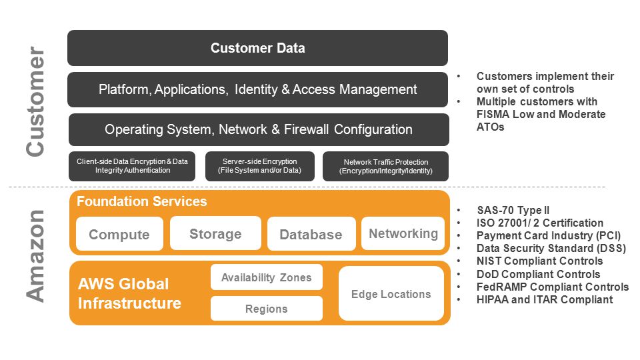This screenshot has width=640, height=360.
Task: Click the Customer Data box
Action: [257, 48]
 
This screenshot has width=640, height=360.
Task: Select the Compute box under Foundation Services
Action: [119, 233]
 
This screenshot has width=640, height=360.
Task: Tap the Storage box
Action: [215, 233]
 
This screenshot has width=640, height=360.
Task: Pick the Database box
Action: [311, 233]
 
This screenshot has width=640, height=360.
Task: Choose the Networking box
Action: [403, 233]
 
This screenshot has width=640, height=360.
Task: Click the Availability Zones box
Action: [267, 277]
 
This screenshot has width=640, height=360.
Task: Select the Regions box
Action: [267, 308]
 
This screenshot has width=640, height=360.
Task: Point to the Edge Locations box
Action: [391, 293]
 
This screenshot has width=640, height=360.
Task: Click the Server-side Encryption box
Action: [260, 166]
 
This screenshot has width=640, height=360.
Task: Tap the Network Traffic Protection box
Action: [386, 166]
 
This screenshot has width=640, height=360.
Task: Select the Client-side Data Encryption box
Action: [132, 166]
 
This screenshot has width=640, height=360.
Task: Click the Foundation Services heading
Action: [141, 201]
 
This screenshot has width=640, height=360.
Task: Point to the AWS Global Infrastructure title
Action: [129, 293]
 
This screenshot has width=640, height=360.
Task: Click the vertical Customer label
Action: [35, 101]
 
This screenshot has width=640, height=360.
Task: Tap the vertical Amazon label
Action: [35, 256]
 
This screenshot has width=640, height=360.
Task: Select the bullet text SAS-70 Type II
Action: [513, 210]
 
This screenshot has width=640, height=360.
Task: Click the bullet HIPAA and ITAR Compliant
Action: [545, 299]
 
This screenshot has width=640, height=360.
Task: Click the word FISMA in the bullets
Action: [493, 114]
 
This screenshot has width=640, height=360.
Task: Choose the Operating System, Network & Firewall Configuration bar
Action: [259, 129]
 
